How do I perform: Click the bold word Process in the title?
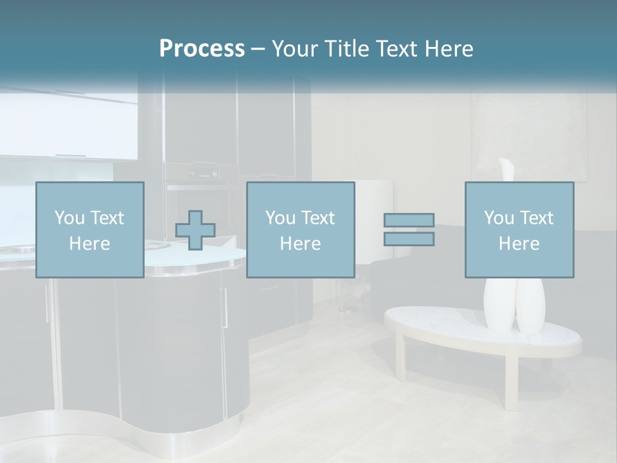point(202,48)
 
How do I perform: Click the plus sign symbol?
point(195,230)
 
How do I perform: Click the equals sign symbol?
point(409,230)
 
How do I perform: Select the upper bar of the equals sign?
point(409,221)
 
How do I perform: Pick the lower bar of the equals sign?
point(409,239)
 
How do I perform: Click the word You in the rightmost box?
point(499,218)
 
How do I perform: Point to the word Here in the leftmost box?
point(89,244)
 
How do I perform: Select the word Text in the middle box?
point(318,218)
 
